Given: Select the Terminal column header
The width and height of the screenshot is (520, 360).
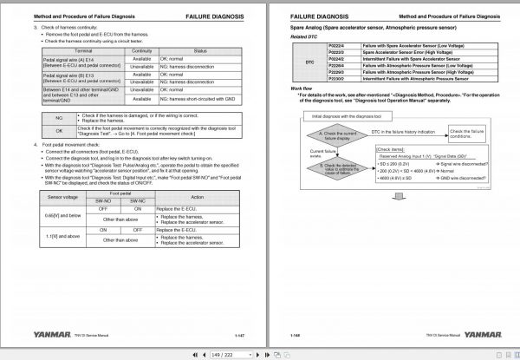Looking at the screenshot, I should click(x=79, y=51).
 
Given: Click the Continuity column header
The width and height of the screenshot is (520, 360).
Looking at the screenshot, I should click(x=140, y=51).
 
